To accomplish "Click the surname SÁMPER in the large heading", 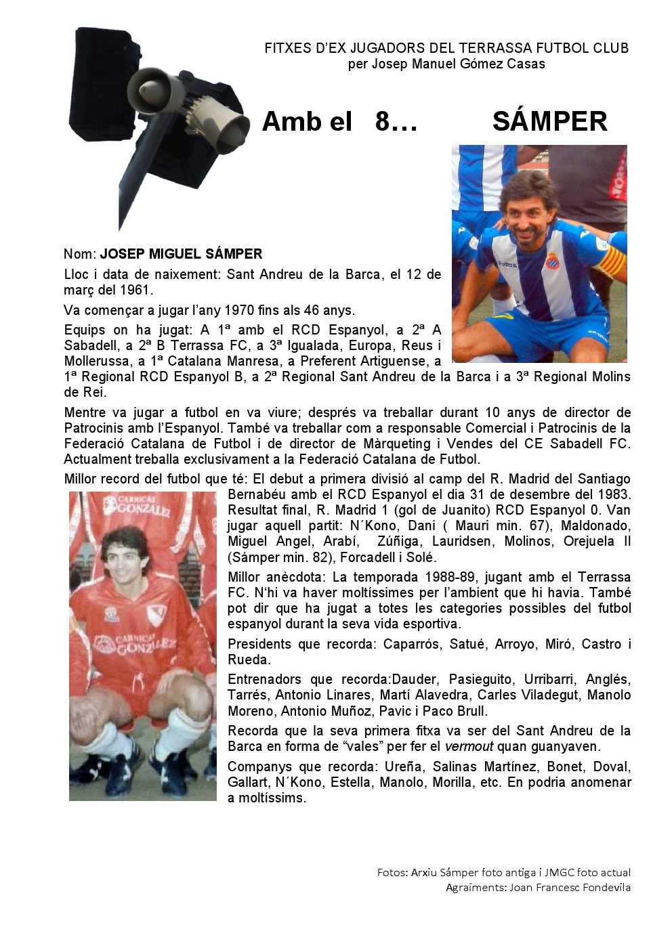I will tap(549, 122).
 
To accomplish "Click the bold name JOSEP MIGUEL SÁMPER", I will tap(181, 255).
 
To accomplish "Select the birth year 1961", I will tap(135, 290).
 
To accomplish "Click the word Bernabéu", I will tap(255, 494).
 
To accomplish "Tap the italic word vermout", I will tap(469, 747).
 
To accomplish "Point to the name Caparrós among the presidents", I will tap(412, 644).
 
